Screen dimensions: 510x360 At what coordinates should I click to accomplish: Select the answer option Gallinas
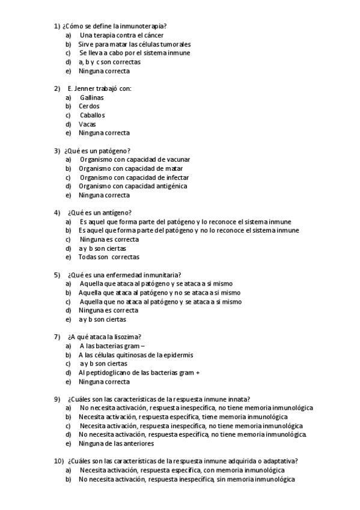click(x=91, y=97)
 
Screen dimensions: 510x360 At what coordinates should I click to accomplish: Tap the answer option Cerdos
click(x=89, y=106)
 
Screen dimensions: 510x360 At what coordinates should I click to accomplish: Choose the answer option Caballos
click(x=92, y=115)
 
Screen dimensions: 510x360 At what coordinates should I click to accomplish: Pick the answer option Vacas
click(x=87, y=124)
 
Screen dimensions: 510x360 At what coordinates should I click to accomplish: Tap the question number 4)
click(x=57, y=213)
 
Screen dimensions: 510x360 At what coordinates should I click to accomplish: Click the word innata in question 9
click(x=238, y=399)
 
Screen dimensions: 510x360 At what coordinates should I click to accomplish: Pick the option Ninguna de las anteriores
click(x=116, y=443)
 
